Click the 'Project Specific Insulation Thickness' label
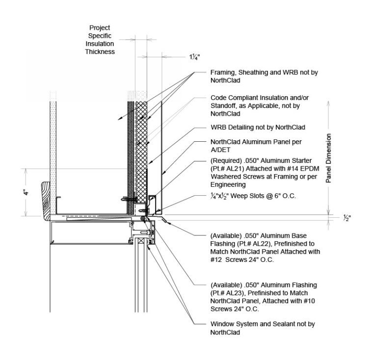pyautogui.click(x=102, y=40)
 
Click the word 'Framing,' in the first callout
pyautogui.click(x=222, y=72)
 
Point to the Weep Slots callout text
pyautogui.click(x=251, y=197)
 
